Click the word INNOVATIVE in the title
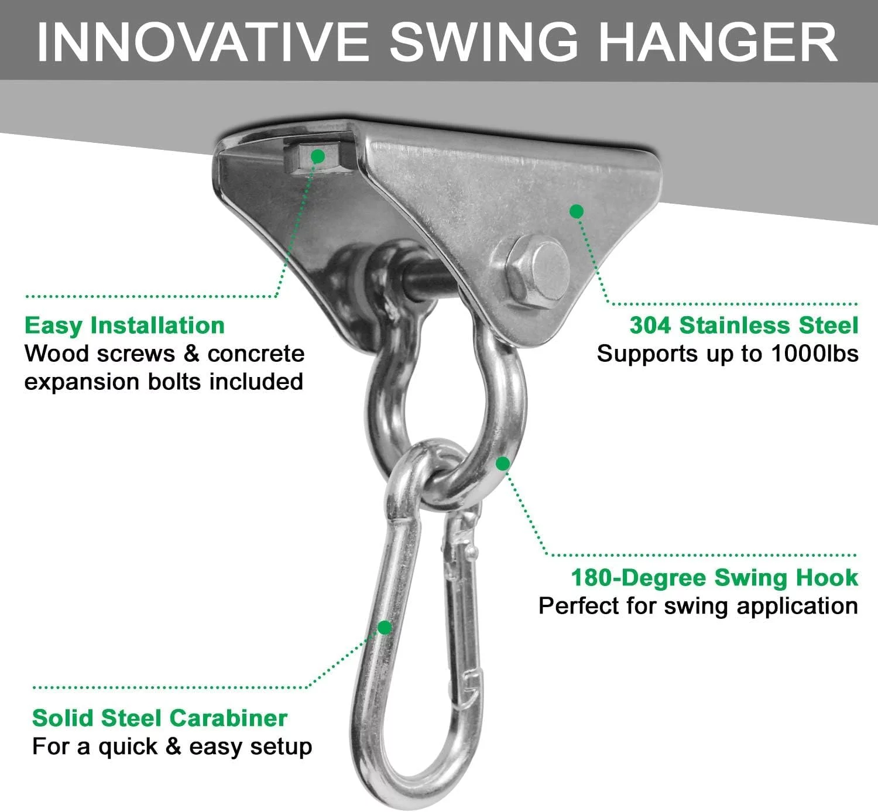[203, 43]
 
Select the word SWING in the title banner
[483, 43]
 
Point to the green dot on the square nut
[318, 156]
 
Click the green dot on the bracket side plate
[576, 211]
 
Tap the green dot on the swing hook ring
[503, 464]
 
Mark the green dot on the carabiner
[385, 627]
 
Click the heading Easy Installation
[125, 326]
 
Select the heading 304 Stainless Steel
[744, 325]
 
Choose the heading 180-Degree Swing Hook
[715, 578]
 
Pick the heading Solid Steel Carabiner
[160, 718]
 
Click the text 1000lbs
[815, 354]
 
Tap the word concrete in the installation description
[256, 354]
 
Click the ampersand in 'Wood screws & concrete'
[191, 354]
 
